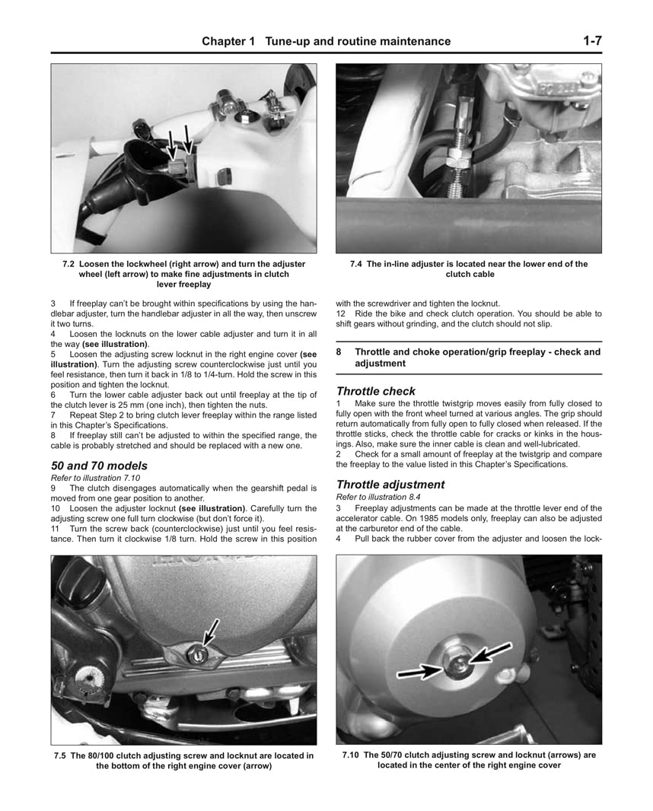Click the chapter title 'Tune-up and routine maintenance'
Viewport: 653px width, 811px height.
(357, 41)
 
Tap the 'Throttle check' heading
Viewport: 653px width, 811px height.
(376, 391)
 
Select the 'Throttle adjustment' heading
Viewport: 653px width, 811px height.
(390, 485)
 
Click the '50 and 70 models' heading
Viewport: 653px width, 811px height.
(99, 466)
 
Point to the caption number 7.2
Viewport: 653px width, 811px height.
(68, 264)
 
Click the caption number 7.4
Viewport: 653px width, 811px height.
(356, 264)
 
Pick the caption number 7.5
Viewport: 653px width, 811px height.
(62, 755)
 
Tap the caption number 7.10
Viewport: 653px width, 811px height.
(352, 755)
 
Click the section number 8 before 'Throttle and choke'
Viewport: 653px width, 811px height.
(339, 352)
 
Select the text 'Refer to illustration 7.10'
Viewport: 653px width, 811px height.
(95, 478)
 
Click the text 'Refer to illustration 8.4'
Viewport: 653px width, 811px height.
(378, 497)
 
